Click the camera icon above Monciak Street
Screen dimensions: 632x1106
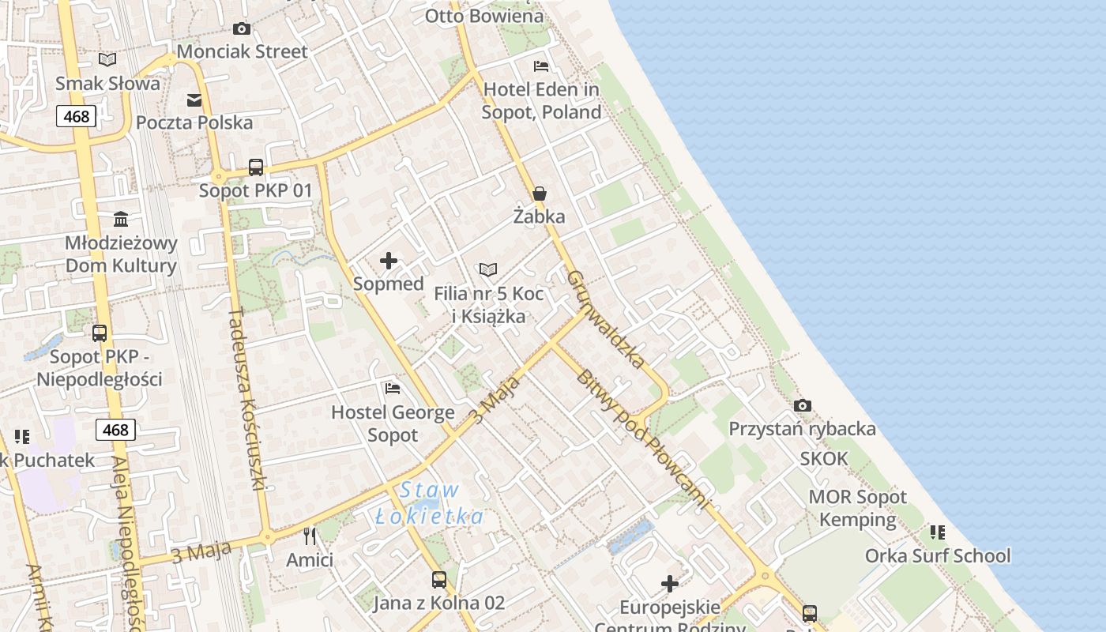242,29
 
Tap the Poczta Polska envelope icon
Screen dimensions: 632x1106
194,100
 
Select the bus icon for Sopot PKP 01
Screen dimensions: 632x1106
256,167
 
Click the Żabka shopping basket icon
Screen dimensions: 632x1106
540,194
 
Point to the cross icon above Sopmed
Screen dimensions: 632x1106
389,261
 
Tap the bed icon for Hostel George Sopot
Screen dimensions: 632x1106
393,389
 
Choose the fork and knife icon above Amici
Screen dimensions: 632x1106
310,536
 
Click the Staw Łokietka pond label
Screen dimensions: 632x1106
429,503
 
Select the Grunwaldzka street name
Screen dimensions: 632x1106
606,319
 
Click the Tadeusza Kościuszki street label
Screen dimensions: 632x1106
246,398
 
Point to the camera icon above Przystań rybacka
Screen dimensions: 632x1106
803,406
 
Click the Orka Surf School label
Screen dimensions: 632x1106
937,555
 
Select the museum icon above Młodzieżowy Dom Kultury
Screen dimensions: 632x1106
121,219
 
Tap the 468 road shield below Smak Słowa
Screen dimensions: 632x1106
77,116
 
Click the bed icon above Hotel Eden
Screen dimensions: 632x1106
541,66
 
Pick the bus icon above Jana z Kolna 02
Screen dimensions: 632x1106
439,580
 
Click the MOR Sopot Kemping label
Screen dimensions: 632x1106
857,508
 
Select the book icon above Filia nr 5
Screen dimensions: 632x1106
489,270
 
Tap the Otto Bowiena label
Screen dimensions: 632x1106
484,16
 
